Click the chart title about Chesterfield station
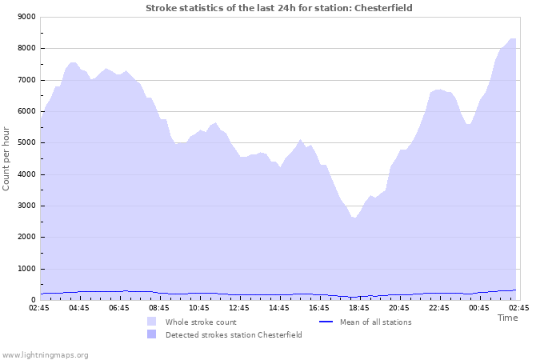279,8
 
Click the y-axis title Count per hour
7,158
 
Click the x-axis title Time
507,318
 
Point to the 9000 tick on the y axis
26,17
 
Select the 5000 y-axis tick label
26,143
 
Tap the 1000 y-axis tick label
26,269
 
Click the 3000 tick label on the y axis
26,206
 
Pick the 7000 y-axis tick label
26,80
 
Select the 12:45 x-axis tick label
239,307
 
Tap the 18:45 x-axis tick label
359,307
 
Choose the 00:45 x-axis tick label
479,307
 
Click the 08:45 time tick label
159,307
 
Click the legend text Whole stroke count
201,322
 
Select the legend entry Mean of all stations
375,322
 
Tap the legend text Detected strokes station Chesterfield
234,335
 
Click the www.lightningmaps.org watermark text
45,354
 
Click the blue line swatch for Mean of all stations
326,322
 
